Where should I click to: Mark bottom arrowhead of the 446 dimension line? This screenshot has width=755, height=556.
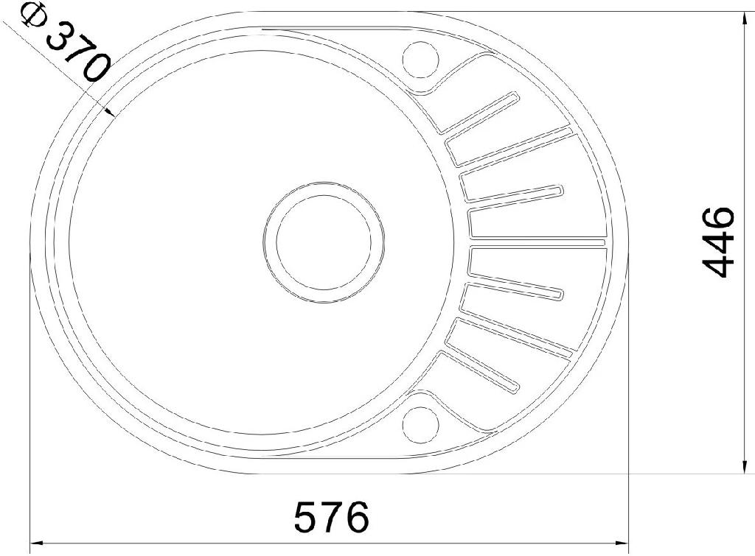pos(745,467)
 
